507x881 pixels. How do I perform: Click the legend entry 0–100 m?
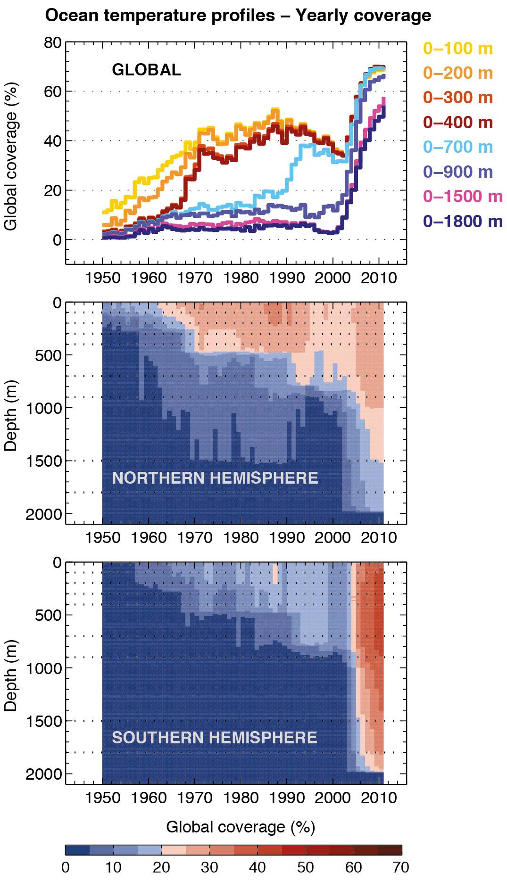tap(457, 49)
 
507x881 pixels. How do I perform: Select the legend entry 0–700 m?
tap(457, 147)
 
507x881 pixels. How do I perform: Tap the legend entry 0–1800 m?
tap(462, 221)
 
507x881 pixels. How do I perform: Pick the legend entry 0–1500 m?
tap(462, 197)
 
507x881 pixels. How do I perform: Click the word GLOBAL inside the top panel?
tap(146, 70)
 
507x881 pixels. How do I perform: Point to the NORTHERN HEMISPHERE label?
tap(215, 478)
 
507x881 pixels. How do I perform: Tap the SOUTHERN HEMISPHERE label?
tap(214, 738)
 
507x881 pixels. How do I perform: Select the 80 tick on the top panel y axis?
tap(53, 43)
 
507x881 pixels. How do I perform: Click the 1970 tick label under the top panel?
tap(195, 278)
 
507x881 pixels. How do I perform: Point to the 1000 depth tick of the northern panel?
tap(43, 408)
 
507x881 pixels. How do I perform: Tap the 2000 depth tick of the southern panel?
tap(43, 774)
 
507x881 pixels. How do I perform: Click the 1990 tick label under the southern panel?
tap(287, 798)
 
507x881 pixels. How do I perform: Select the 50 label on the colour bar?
tap(305, 867)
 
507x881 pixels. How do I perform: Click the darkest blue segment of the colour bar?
tap(77, 850)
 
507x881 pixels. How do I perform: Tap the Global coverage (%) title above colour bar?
tap(241, 827)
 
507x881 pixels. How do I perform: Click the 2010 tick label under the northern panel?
tap(379, 538)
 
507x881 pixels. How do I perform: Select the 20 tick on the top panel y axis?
tap(53, 190)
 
